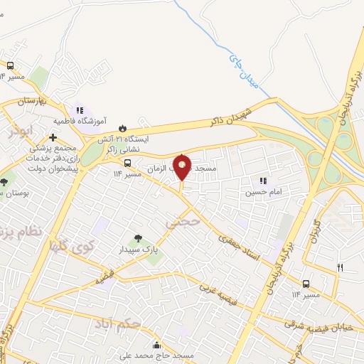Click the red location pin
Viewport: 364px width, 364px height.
pyautogui.click(x=182, y=168)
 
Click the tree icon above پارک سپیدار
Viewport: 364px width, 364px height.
pyautogui.click(x=138, y=238)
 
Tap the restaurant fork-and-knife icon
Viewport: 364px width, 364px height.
pyautogui.click(x=340, y=267)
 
